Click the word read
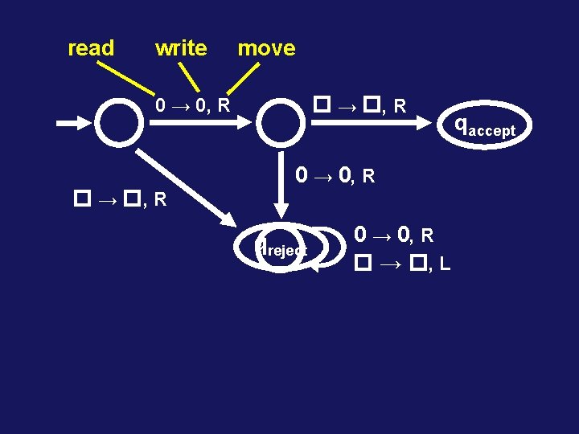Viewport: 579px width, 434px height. click(91, 48)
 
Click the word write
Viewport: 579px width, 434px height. click(181, 48)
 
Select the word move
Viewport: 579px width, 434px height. click(266, 48)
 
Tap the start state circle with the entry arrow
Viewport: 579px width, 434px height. click(119, 123)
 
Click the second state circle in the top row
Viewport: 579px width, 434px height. click(281, 123)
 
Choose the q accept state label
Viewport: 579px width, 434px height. click(485, 125)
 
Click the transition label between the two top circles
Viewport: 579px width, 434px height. click(193, 105)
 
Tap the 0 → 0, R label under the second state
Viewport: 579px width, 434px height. click(334, 174)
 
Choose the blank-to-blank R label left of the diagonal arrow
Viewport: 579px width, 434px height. click(121, 198)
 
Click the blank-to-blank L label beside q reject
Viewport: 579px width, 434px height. click(400, 263)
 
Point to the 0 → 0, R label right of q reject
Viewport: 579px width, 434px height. click(394, 235)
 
